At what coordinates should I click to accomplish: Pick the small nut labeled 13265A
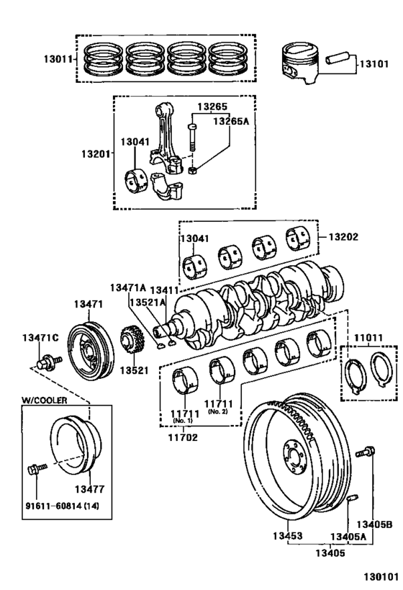coord(193,171)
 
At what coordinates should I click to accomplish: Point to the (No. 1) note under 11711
coord(182,420)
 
